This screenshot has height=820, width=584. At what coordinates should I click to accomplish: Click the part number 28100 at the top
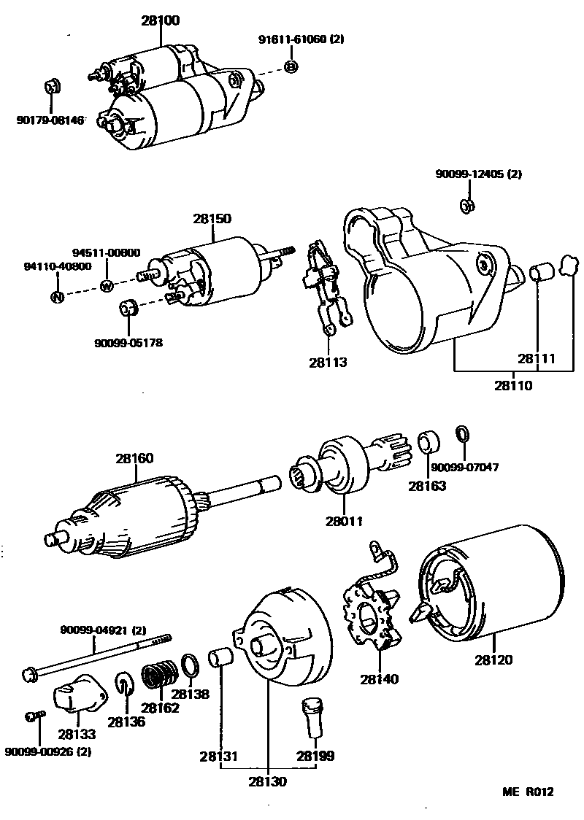tap(161, 20)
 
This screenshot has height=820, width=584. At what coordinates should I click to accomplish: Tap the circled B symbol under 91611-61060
tap(291, 67)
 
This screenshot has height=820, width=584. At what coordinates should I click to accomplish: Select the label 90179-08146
tap(50, 119)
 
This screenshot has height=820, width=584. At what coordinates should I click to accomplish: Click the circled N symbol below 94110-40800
tap(57, 296)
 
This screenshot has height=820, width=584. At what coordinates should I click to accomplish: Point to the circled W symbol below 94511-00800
tap(106, 286)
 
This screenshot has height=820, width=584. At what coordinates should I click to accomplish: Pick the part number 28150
tap(212, 218)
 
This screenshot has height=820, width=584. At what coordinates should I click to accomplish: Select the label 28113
tap(328, 362)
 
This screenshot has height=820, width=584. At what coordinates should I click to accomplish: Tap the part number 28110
tap(513, 386)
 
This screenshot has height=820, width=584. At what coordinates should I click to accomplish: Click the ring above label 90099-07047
tap(461, 434)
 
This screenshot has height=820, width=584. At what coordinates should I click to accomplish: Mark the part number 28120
tap(493, 660)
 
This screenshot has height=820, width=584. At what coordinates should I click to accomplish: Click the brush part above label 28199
tap(310, 718)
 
